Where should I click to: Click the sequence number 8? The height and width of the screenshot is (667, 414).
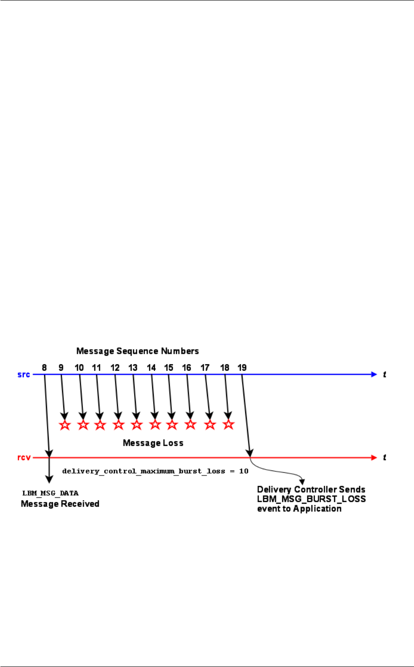point(44,367)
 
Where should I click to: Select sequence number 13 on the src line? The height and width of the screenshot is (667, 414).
point(133,367)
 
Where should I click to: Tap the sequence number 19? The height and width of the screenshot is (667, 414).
point(242,367)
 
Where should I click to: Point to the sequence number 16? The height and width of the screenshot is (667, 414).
point(186,367)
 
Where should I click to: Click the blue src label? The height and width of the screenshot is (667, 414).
point(24,375)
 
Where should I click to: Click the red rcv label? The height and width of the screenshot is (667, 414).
point(24,457)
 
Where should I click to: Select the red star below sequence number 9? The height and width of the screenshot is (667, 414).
point(65,425)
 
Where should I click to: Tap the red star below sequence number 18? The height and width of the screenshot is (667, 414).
point(228,424)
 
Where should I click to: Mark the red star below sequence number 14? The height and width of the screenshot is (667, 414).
point(155,425)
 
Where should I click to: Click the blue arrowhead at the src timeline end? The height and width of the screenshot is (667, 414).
point(374,375)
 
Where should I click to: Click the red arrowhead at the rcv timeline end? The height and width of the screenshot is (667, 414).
point(374,457)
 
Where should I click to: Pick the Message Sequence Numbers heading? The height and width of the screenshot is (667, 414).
point(137,351)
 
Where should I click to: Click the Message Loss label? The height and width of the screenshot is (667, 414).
point(153,443)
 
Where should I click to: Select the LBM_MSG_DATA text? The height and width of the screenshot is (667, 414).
point(51,493)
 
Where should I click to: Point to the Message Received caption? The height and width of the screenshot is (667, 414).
point(60,504)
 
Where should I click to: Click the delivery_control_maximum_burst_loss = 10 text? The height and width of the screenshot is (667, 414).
point(155,471)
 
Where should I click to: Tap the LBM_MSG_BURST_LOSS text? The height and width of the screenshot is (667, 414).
point(311,499)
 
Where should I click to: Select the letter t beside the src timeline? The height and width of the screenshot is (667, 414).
point(384,375)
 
